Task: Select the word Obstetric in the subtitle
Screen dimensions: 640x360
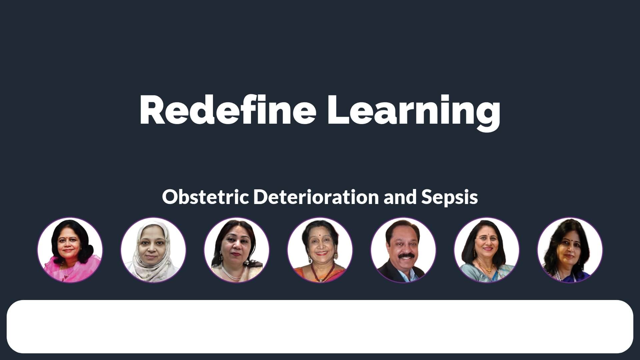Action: tap(205, 197)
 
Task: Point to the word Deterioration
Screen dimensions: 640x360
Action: tap(316, 197)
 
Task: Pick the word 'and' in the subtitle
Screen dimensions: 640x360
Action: tap(400, 197)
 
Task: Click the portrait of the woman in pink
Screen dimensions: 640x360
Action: tap(70, 250)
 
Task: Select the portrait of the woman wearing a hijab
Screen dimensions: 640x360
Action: tap(153, 250)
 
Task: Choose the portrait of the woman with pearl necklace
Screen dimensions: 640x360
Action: tap(237, 250)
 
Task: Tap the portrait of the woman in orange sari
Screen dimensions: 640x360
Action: tap(320, 250)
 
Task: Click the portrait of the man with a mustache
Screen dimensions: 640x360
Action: tap(403, 250)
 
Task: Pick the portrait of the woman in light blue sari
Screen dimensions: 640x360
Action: tap(487, 250)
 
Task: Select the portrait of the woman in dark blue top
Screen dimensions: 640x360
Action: tap(570, 250)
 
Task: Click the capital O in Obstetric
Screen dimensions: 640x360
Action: tap(169, 197)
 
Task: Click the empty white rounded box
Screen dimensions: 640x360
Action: tap(320, 327)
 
